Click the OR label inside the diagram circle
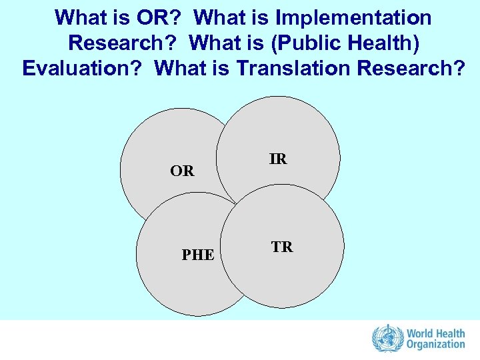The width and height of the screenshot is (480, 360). coord(182,171)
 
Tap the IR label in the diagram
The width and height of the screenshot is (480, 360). coord(278,159)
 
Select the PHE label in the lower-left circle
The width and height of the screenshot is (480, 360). coord(198,255)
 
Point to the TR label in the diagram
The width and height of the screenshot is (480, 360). coord(282,247)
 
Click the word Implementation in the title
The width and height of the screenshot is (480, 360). coord(357,17)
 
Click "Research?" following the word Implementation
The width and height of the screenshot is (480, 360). coord(125,43)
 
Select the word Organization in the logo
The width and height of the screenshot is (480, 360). coord(435,345)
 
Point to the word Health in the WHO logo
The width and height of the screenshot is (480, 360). coord(450,332)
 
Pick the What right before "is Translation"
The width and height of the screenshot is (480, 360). coord(182,69)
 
